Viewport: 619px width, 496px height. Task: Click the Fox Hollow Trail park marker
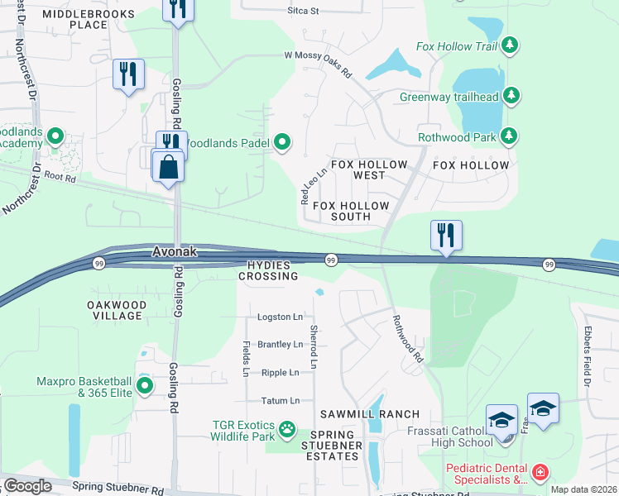511,44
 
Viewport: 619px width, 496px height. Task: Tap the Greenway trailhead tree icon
511,96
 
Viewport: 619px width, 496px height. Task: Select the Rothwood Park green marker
511,136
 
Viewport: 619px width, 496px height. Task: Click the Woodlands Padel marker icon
283,143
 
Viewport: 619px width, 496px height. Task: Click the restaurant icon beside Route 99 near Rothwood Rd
446,235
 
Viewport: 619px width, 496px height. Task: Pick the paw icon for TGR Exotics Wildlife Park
286,429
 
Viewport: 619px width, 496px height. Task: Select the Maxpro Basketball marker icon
145,385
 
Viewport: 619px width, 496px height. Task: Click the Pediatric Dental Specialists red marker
540,473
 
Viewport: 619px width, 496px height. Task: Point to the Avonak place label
174,252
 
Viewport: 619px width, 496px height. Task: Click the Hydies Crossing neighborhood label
271,269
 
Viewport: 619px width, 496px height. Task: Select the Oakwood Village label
117,310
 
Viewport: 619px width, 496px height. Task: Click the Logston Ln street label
280,317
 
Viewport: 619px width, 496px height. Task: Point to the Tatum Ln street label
280,401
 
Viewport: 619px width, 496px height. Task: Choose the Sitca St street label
303,11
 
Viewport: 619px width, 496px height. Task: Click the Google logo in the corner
27,486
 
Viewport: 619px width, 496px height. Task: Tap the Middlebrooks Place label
87,19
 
